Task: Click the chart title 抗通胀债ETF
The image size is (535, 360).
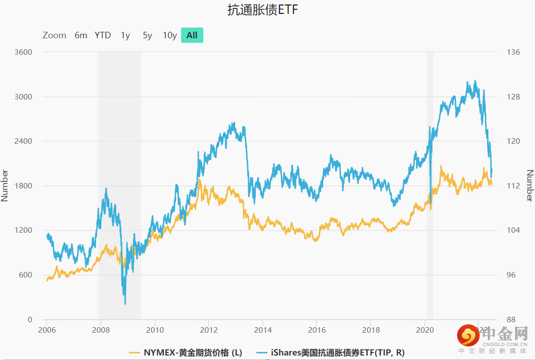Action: pos(263,10)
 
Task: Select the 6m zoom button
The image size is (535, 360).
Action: pos(81,35)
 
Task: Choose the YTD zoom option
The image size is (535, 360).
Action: pos(102,35)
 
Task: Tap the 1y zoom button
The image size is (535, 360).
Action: pos(125,35)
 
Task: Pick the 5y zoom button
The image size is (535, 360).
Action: pos(147,35)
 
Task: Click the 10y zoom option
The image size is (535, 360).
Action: pos(170,35)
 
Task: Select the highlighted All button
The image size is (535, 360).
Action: pos(192,35)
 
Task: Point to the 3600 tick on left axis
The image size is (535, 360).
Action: pos(22,52)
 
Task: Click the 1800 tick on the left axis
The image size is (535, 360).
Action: pos(22,186)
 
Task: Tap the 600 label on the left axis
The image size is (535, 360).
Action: pos(25,275)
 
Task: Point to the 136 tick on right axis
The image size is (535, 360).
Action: pos(513,52)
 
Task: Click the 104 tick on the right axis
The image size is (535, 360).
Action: pos(513,230)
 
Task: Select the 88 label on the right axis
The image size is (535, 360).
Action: pos(511,320)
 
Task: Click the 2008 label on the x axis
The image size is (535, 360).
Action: pos(101,330)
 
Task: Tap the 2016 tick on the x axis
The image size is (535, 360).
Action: pos(316,330)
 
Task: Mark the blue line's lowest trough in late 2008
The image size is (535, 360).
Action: pos(125,303)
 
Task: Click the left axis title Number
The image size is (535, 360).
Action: pos(5,185)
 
